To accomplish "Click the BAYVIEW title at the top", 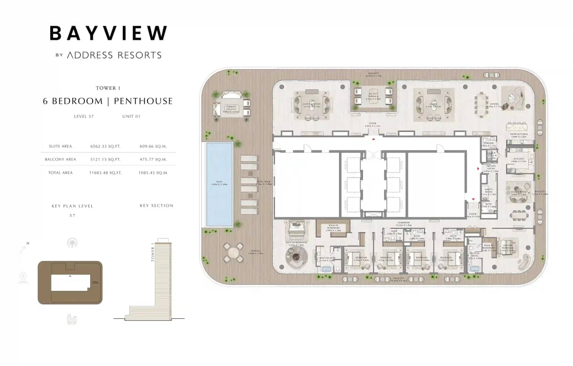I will [108, 33].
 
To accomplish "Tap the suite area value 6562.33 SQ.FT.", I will [105, 146].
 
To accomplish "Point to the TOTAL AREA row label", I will [61, 172].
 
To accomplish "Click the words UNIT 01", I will [132, 116].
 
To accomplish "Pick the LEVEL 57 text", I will [84, 116].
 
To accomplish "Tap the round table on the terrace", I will [233, 251].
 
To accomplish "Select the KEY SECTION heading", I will [157, 205].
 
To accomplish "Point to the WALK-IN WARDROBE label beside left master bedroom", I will [333, 229].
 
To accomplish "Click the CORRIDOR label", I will [404, 223].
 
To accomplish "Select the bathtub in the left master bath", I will [326, 269].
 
